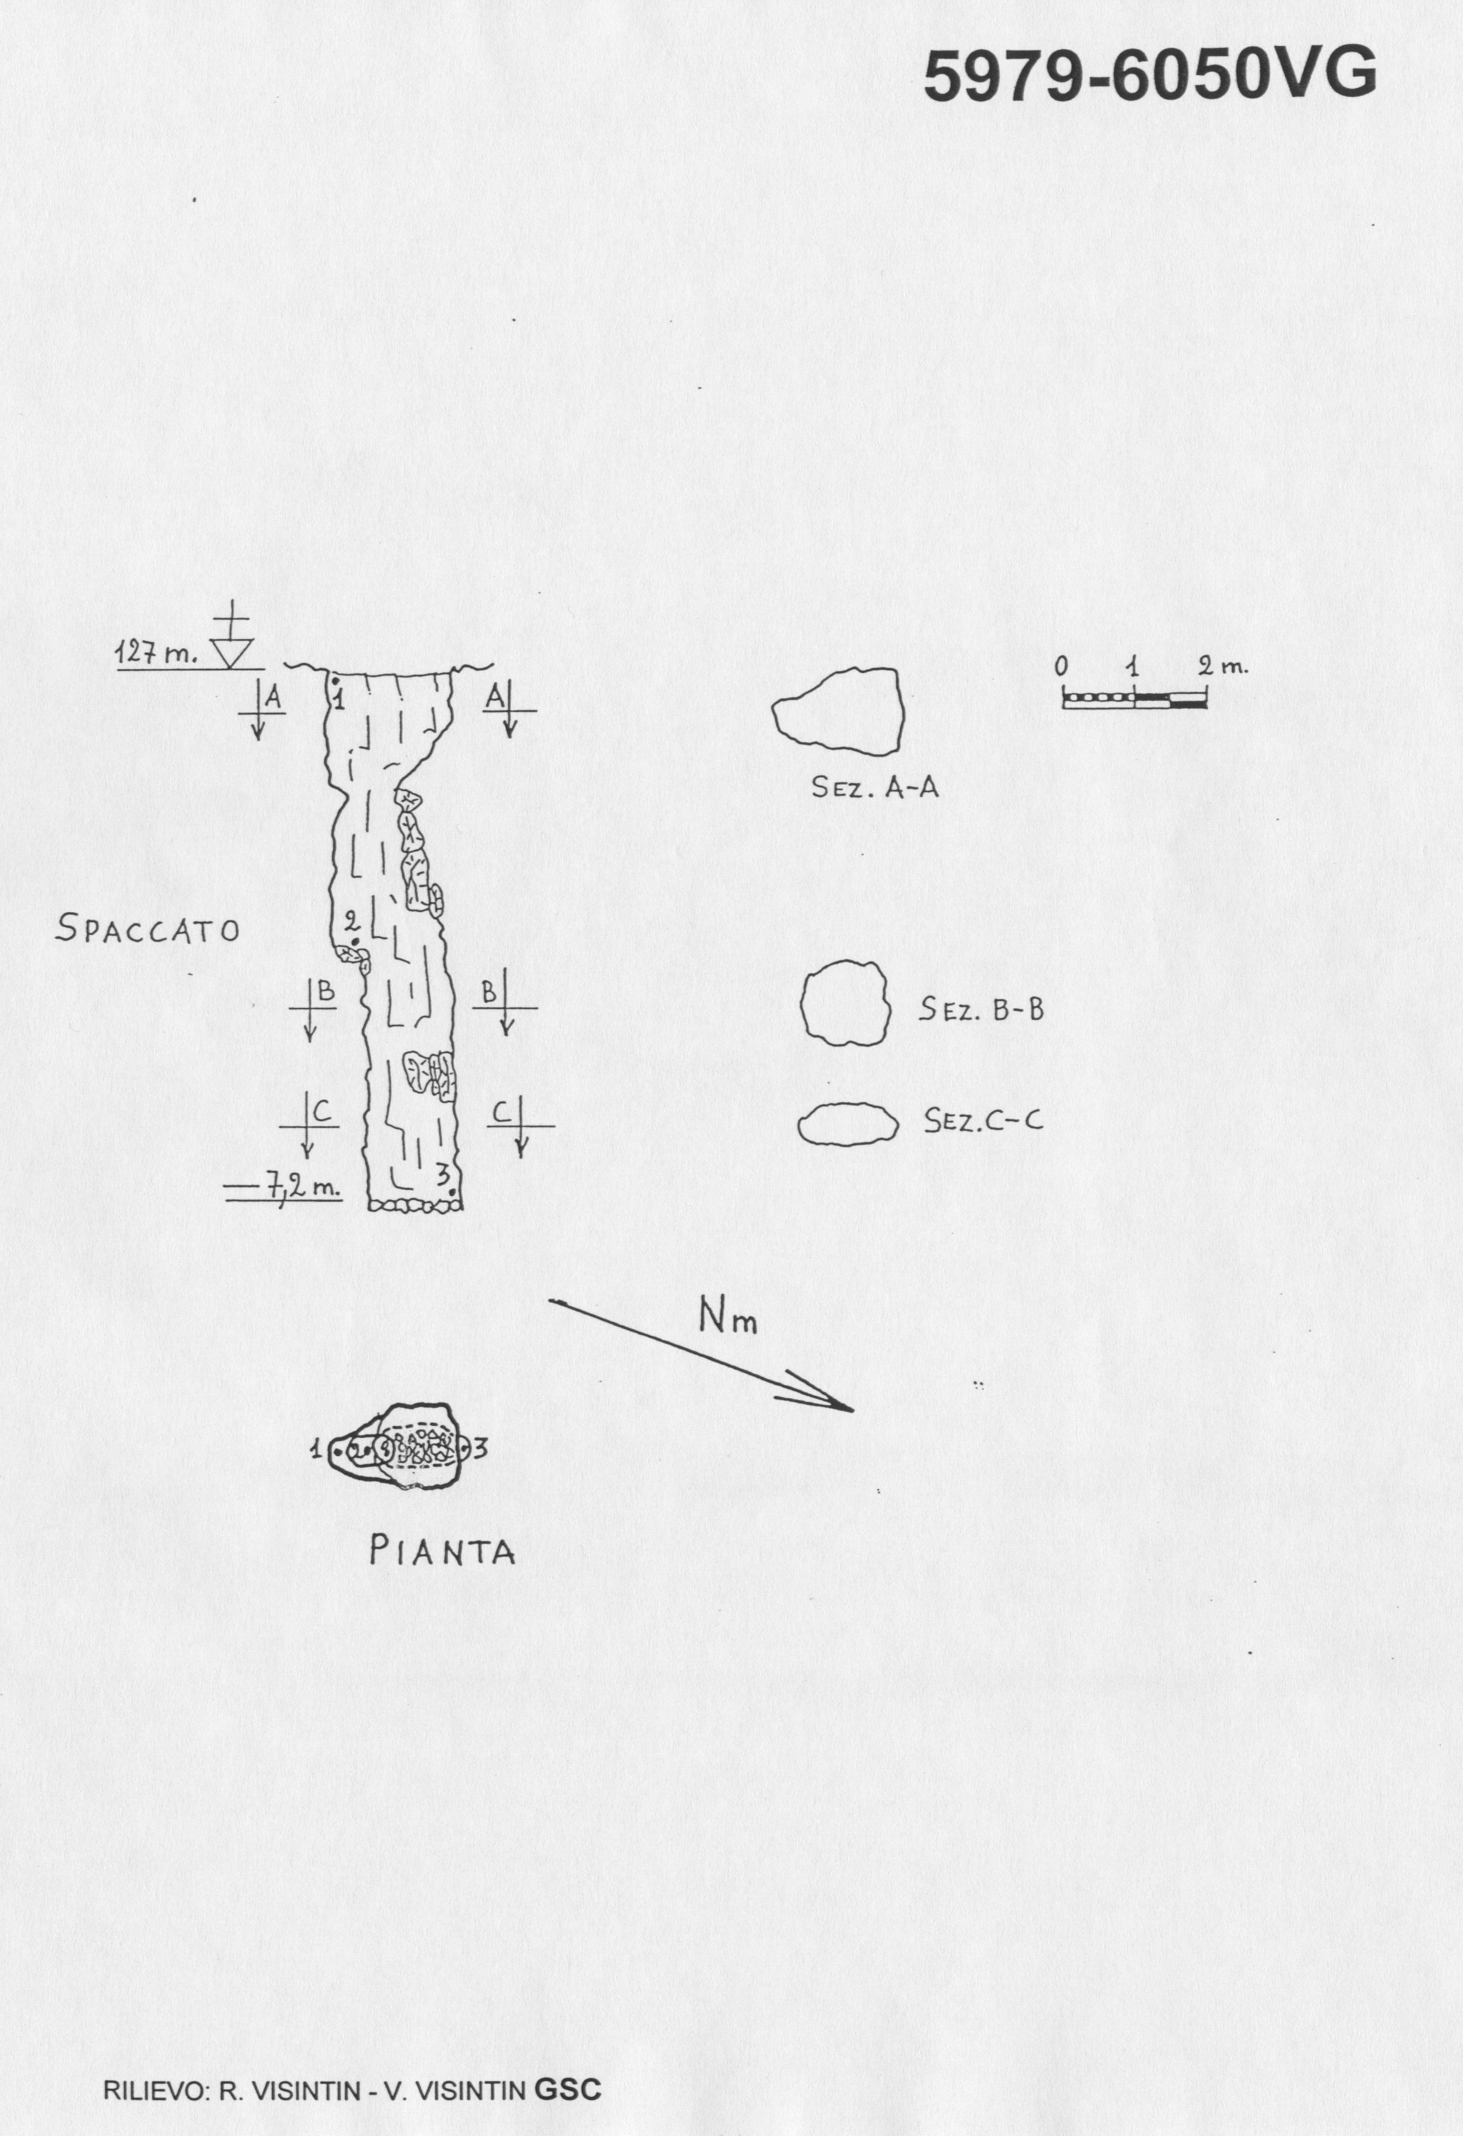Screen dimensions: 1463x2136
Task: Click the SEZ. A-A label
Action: [875, 787]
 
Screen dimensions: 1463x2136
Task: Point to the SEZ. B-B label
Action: [982, 1011]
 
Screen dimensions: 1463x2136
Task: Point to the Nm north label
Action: [727, 1318]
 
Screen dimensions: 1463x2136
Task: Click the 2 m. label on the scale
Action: [1223, 665]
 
